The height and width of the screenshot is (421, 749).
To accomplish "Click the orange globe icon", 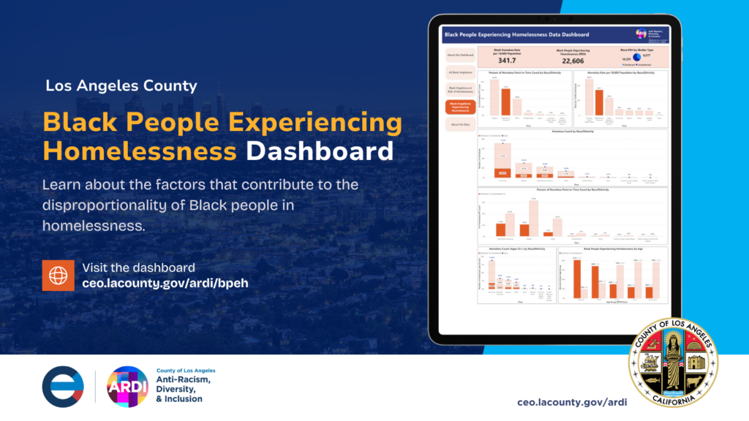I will (58, 275).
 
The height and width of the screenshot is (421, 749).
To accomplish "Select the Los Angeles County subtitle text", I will (121, 86).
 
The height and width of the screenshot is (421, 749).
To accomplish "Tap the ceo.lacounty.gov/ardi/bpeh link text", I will (165, 283).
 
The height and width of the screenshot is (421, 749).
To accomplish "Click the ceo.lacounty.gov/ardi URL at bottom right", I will (572, 402).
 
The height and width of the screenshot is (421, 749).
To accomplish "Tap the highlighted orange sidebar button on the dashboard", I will (459, 107).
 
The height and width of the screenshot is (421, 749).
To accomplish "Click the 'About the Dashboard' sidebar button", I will (459, 56).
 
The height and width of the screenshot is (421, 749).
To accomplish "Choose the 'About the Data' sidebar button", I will (459, 124).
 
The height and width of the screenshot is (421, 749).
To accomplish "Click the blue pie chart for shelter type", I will (636, 57).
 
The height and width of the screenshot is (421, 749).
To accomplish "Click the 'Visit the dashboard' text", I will (138, 268).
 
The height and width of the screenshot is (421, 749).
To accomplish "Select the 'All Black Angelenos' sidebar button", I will (459, 72).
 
